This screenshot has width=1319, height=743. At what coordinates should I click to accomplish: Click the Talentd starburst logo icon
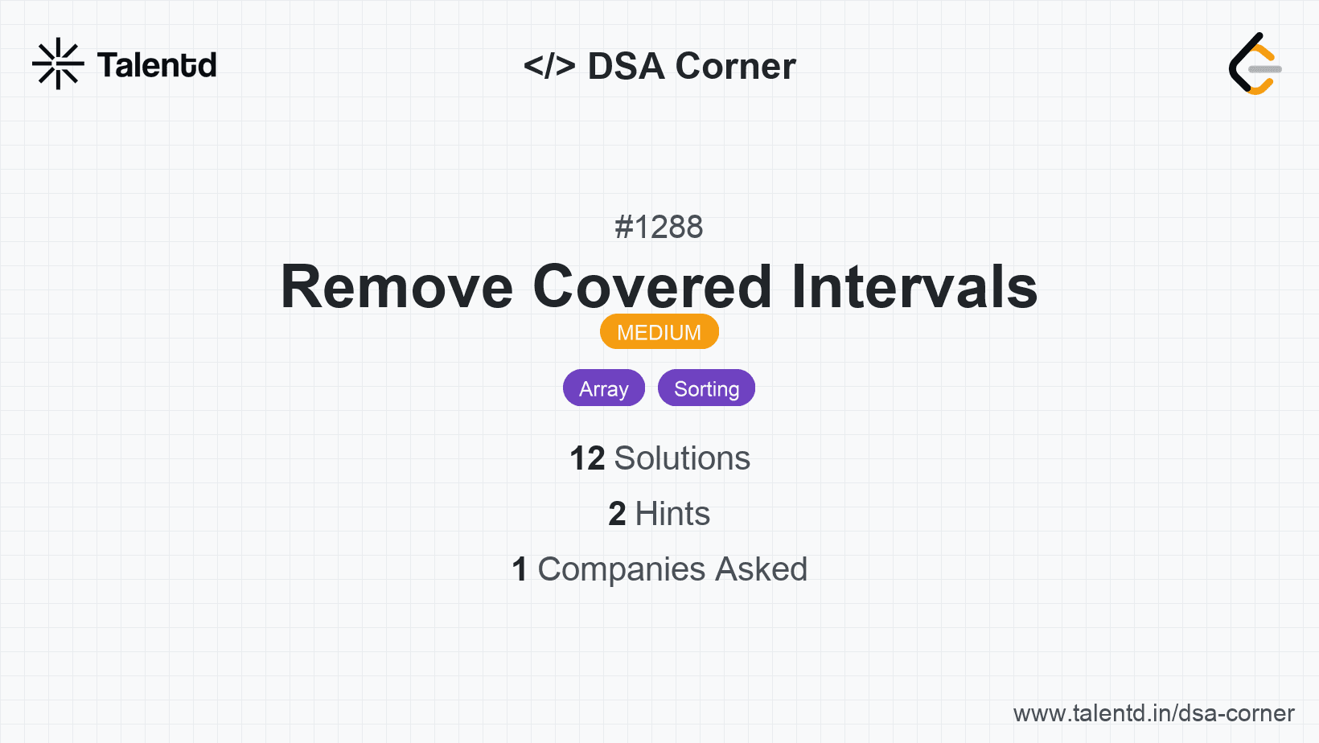point(58,64)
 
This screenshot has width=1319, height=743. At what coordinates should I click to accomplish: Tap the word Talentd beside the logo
point(157,65)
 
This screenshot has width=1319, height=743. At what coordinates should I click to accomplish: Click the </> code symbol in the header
point(549,65)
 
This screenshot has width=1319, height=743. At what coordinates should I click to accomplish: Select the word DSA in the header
point(627,66)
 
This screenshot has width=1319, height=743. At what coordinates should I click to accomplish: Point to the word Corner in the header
point(735,66)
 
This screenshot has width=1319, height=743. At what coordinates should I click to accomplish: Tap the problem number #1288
point(659,227)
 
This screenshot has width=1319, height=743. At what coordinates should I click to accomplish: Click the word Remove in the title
point(397,287)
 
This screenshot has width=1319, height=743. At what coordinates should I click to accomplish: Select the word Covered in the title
point(651,287)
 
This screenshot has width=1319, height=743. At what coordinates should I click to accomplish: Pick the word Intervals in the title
point(914,287)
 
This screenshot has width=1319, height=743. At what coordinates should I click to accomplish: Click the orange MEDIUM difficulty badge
point(659,332)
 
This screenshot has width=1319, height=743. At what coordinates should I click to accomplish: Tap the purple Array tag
point(603,388)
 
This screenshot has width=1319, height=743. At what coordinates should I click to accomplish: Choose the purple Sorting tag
point(706,388)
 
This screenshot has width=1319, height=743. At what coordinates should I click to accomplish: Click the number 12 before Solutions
point(587,458)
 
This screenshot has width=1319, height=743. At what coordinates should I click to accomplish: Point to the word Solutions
point(682,458)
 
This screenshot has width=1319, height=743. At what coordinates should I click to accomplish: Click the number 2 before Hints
point(617,513)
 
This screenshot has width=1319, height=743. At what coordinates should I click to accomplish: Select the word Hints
point(672,513)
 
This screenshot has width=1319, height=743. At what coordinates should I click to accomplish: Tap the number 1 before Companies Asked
point(520,569)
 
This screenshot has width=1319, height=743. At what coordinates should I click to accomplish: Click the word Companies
point(621,569)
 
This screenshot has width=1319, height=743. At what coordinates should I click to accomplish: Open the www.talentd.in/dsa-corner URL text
point(1153,713)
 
